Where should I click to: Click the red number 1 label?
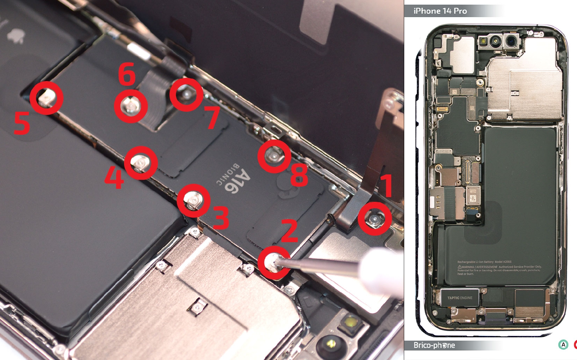tap(387, 185)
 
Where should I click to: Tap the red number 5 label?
tap(22, 123)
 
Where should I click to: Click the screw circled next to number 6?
tap(131, 106)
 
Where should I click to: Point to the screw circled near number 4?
tap(141, 163)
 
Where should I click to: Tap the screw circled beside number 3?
tap(193, 201)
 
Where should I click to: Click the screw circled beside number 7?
tap(186, 94)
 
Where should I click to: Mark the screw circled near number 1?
tap(374, 219)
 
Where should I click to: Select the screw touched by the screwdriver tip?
tap(273, 263)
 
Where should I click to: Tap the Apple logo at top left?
tap(15, 36)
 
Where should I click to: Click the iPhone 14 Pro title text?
tap(440, 11)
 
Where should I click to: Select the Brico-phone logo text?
tap(434, 345)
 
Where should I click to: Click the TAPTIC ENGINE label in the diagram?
tap(459, 298)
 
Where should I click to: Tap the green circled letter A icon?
tap(563, 345)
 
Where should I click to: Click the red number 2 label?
tap(289, 231)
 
